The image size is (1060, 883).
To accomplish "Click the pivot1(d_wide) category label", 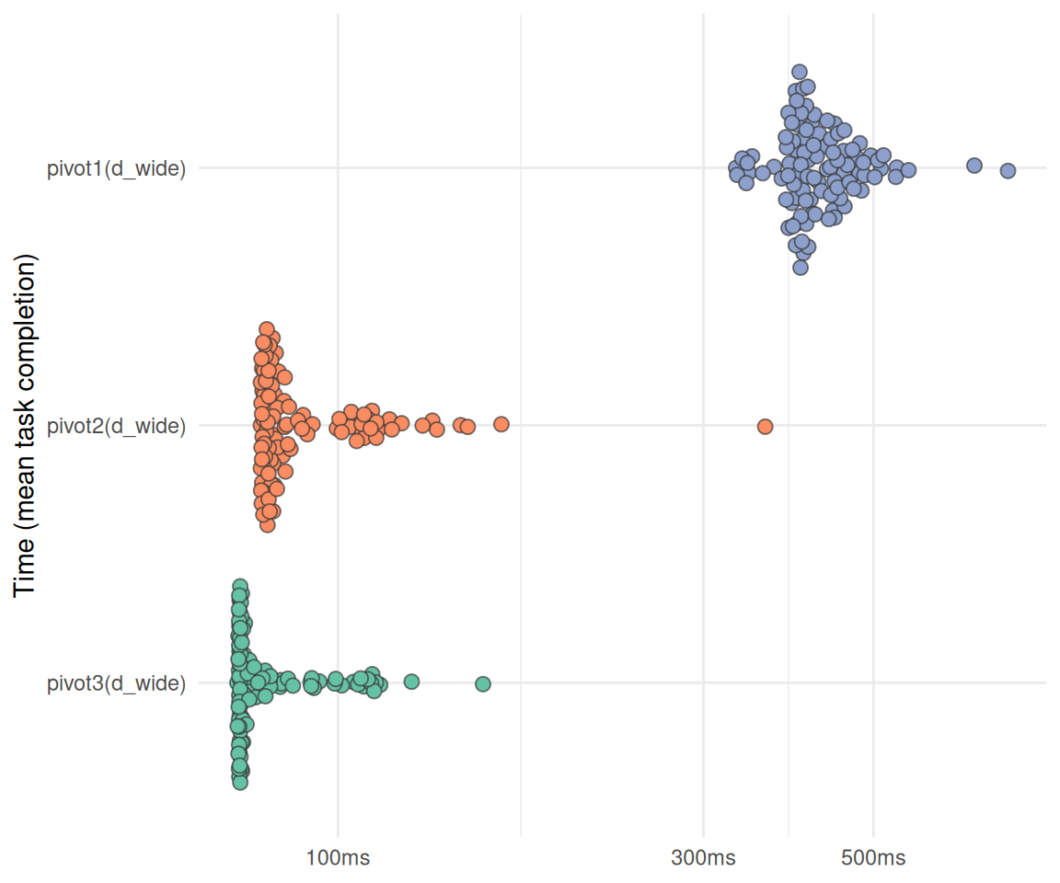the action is (116, 168).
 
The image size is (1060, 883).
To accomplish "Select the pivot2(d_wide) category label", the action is (116, 426).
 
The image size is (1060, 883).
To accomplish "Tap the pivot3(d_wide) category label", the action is (116, 683).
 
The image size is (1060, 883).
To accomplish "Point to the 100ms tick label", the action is (338, 858).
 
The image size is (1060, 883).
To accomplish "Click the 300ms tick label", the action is (703, 858).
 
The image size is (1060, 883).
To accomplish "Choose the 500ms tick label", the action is (873, 858).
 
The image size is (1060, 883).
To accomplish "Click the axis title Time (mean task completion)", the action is (24, 426).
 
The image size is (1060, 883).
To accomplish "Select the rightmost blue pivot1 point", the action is (1008, 171).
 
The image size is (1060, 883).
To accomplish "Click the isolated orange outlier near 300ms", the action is (766, 426).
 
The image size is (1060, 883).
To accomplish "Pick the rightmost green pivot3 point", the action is (483, 684).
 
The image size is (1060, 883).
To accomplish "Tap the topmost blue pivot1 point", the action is (800, 73).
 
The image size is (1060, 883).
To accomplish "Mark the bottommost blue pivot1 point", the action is (801, 269).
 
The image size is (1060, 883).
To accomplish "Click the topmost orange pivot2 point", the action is (266, 329).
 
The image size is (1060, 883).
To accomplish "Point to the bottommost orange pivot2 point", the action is (268, 525).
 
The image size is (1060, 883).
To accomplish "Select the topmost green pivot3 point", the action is (240, 587).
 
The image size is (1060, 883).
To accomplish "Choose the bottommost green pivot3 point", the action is (240, 783).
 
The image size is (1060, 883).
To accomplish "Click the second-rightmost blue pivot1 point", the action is (974, 166).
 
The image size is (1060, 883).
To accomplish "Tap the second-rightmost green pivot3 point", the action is (411, 682).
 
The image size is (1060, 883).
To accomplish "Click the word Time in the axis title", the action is (24, 568).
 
